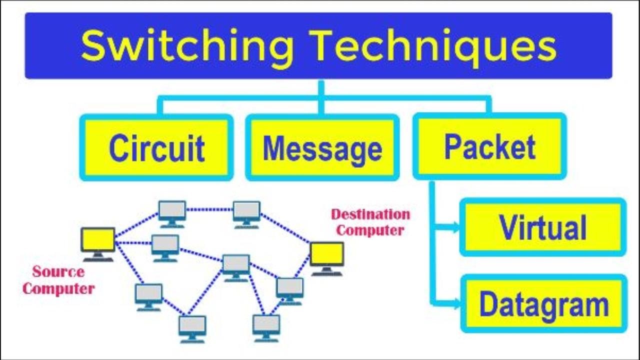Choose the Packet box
pos(489,147)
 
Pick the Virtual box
pos(543,227)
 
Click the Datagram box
pos(543,303)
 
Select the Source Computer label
pos(58,280)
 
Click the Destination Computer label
pos(370,222)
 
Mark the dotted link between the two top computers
pos(209,209)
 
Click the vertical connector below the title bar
pos(321,90)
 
